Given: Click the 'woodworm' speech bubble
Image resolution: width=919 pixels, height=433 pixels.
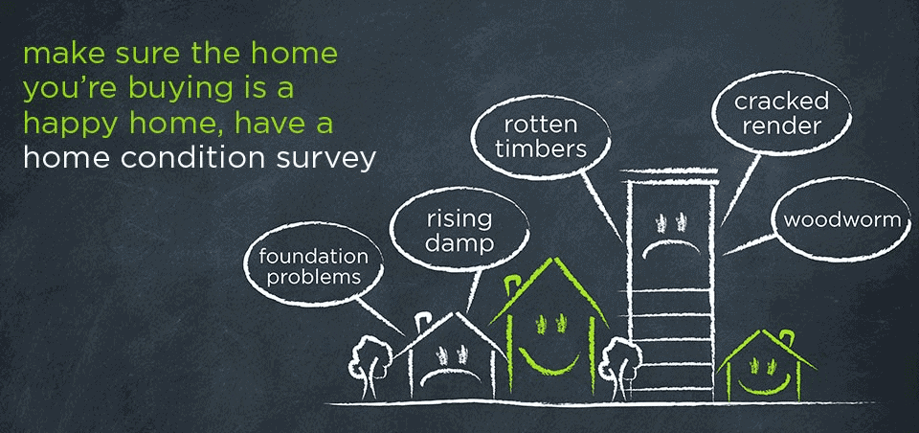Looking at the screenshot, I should pyautogui.click(x=842, y=220).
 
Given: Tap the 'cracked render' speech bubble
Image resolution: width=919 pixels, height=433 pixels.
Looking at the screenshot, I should pyautogui.click(x=780, y=114).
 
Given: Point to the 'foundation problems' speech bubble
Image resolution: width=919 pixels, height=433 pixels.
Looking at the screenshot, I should pyautogui.click(x=313, y=267).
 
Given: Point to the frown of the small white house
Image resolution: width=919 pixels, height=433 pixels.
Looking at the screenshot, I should pyautogui.click(x=439, y=373).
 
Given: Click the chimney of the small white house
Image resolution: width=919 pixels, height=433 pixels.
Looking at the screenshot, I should pyautogui.click(x=421, y=318).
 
